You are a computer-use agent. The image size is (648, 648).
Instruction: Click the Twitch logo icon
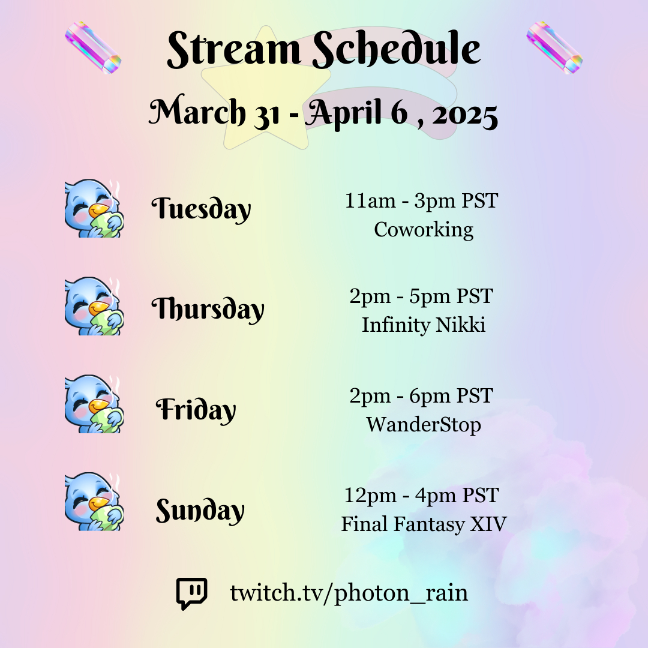(x=192, y=593)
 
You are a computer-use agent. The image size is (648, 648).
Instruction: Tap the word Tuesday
(x=201, y=209)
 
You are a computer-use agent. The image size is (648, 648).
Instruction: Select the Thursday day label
(x=208, y=309)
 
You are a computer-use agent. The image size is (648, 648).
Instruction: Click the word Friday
(x=196, y=410)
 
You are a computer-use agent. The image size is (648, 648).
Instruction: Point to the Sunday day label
(x=200, y=511)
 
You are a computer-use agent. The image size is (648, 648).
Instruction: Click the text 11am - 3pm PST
(x=422, y=201)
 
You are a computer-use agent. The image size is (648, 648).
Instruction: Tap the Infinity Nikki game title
(x=424, y=325)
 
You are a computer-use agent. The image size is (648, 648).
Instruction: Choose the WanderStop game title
(x=424, y=425)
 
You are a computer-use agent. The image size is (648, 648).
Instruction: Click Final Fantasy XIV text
(x=424, y=524)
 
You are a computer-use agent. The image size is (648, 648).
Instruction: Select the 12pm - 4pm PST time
(x=422, y=495)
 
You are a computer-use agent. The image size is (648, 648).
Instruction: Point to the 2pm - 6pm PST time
(x=421, y=395)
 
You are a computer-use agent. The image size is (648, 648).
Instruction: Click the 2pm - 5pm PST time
(x=421, y=296)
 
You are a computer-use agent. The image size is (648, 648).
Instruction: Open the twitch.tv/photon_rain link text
(x=349, y=593)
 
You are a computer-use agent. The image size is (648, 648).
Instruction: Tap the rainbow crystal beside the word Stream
(x=93, y=47)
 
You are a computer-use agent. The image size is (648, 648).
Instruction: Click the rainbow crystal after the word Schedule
(x=554, y=47)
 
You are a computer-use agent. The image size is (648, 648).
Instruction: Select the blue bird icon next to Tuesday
(x=94, y=208)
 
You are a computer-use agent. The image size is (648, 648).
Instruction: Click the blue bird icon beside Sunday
(x=94, y=502)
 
